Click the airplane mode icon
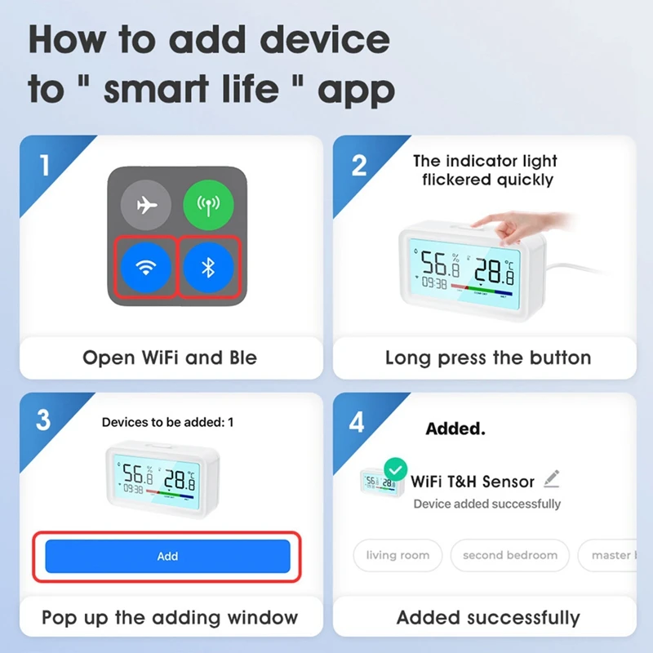coord(147,206)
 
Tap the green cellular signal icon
coord(208,206)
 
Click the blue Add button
coord(167,556)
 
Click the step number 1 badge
coord(44,166)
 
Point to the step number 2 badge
coord(359,166)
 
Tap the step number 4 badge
coord(358,422)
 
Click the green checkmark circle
coord(396,469)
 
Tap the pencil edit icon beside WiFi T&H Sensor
coord(552,478)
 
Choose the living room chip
coord(398,555)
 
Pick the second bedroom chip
coord(510,555)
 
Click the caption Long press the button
coord(488,358)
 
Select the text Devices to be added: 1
coord(167,422)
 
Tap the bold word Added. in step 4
coord(455,429)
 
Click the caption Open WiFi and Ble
coord(170,358)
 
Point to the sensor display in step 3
coord(158,481)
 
